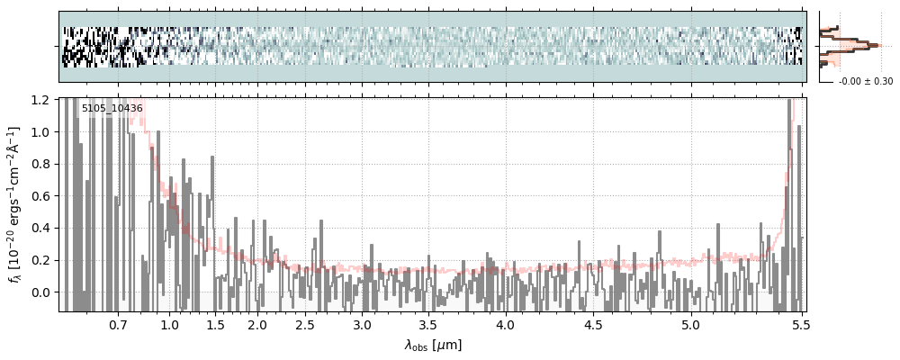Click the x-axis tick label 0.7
pos(118,324)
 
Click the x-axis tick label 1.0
pos(169,324)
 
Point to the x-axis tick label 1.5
pos(215,324)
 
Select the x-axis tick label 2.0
pos(257,324)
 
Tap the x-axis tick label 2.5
pos(305,324)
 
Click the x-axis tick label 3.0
pos(362,324)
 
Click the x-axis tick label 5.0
pos(690,324)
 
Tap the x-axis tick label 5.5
pos(797,324)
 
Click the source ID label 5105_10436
pos(112,109)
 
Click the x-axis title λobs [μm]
pos(433,345)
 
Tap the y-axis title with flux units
pos(14,205)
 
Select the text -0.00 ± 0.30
pos(865,82)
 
